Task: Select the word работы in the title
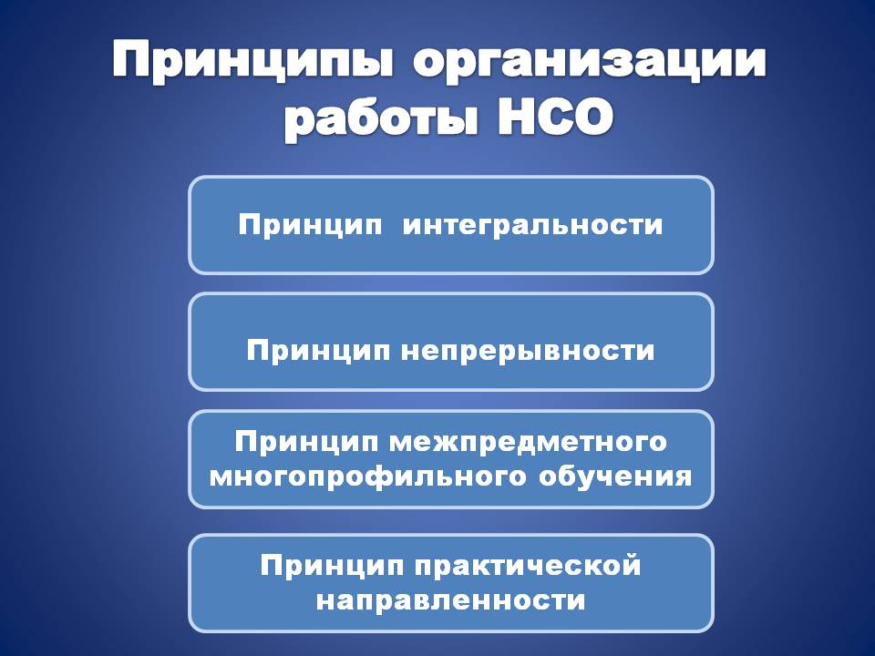tap(382, 118)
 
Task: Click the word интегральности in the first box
tap(532, 225)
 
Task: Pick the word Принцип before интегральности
tap(310, 226)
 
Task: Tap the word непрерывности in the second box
tap(528, 351)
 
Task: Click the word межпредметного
tap(528, 443)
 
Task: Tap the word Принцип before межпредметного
tap(306, 442)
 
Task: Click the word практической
tap(528, 567)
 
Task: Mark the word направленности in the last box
tap(451, 601)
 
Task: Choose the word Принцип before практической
tap(332, 566)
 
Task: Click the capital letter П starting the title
tap(135, 57)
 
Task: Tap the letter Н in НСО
tap(516, 117)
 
